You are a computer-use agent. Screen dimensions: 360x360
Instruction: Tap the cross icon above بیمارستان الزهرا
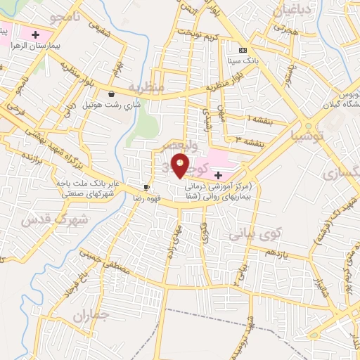pos(34,33)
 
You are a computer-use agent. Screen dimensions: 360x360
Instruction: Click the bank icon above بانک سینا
pos(243,50)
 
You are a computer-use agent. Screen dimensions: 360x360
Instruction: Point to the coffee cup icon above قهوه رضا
pos(146,187)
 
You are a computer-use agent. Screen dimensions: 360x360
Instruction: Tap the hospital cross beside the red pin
pos(219,174)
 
